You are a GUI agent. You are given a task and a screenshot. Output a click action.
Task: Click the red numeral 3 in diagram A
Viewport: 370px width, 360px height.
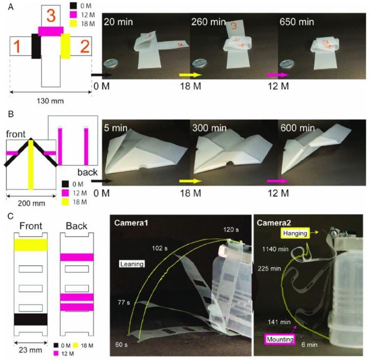[51, 15]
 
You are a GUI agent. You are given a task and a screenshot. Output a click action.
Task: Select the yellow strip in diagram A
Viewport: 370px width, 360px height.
[65, 46]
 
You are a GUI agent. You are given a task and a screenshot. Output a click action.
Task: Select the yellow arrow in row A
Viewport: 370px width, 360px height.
[189, 75]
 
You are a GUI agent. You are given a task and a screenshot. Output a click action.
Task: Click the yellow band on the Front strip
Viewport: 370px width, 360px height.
[30, 244]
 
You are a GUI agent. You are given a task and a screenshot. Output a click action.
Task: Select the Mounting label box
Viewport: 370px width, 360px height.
[281, 339]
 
